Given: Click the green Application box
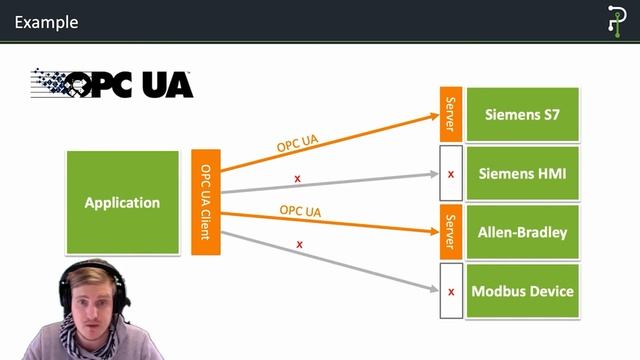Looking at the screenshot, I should click(x=122, y=202).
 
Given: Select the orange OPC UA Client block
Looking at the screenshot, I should click(x=205, y=202).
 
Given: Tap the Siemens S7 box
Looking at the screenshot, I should click(x=522, y=114).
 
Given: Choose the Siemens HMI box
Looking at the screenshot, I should click(x=522, y=173).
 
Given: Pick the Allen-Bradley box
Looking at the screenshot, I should click(x=522, y=232).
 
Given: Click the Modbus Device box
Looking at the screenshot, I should click(x=522, y=291).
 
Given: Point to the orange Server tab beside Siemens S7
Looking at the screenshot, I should click(x=451, y=114).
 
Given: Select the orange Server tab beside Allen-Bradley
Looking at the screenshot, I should click(x=451, y=232).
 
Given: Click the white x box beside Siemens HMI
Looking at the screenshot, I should click(x=451, y=173).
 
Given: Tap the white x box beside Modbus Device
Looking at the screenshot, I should click(x=451, y=291).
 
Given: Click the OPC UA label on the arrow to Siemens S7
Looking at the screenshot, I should click(x=298, y=142).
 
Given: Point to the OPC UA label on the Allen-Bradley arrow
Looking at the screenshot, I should click(x=300, y=211).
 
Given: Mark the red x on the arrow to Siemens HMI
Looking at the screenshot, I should click(x=297, y=179).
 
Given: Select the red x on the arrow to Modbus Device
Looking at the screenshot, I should click(x=300, y=244).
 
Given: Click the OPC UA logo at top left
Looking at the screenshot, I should click(x=112, y=83).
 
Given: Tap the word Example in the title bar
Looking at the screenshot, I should click(x=46, y=22).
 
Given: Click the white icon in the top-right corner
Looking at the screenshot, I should click(x=616, y=21).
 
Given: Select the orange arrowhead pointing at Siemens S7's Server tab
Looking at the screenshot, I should click(x=431, y=115).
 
